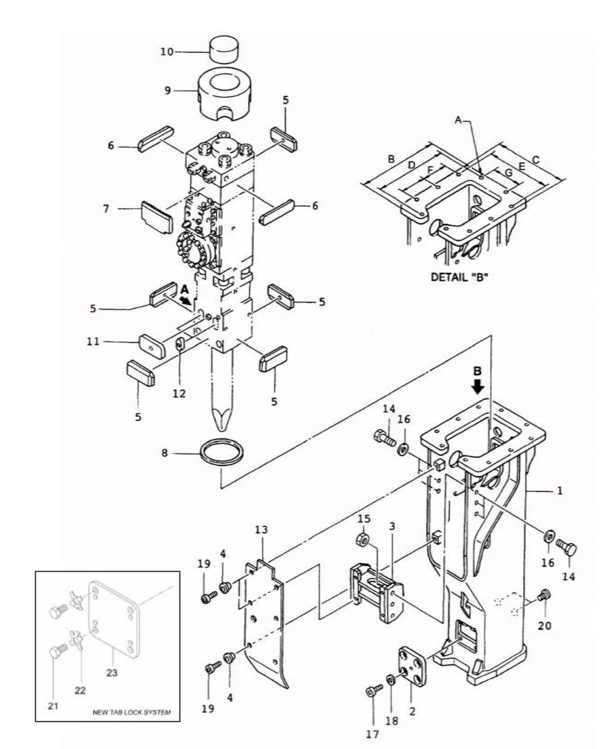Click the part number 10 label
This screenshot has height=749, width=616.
tap(167, 52)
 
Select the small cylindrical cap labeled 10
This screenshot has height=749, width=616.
tap(224, 50)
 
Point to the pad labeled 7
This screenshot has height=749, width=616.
tap(156, 217)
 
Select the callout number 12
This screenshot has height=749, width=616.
tap(179, 393)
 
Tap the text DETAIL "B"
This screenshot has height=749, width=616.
tap(460, 277)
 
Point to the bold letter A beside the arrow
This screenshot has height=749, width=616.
tap(184, 289)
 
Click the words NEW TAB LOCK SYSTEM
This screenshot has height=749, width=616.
tap(131, 712)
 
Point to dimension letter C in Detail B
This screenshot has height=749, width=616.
tap(536, 160)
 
